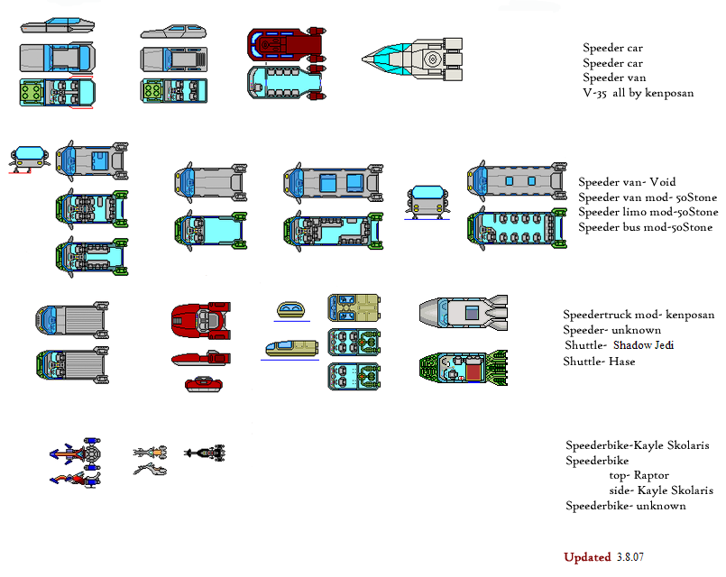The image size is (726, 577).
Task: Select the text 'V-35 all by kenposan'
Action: (638, 93)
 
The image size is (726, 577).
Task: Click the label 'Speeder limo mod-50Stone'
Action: (648, 212)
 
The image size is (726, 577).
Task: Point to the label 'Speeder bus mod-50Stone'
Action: (645, 227)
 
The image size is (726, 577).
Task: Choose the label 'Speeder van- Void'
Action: (626, 182)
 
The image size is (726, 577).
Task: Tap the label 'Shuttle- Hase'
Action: (600, 362)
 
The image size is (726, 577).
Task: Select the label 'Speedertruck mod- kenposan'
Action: (639, 315)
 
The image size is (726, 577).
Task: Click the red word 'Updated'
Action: (587, 557)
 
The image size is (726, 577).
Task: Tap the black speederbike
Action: (205, 451)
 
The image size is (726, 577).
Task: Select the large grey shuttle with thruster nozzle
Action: (463, 313)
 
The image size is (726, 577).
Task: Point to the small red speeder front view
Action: (204, 385)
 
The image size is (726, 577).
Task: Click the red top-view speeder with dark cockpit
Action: (201, 319)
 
